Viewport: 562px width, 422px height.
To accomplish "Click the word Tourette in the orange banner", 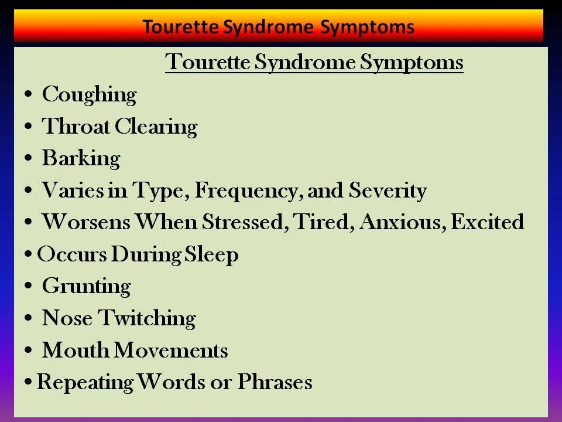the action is pos(180,27).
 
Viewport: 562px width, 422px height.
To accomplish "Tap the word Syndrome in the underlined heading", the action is pos(305,63).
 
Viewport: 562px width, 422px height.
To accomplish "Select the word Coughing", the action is pos(89,95).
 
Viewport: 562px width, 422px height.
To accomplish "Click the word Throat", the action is pos(76,127).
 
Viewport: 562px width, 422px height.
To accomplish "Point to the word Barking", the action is pos(81,159).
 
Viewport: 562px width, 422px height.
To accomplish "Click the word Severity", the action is pos(388,191).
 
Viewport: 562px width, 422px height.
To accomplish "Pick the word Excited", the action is pos(487,222).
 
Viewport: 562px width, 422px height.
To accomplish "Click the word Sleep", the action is pos(211,255).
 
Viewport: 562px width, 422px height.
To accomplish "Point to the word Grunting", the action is pos(87,287).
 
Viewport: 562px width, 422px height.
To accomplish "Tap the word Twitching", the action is pos(147,319).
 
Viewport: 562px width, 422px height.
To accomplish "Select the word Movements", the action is pos(170,350).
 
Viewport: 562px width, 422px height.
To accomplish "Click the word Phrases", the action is pos(275,382).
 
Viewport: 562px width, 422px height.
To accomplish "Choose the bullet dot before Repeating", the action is pos(28,382).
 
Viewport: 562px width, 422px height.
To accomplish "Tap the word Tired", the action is pos(324,222).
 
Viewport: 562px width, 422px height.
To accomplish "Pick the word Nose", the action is pos(67,318).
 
